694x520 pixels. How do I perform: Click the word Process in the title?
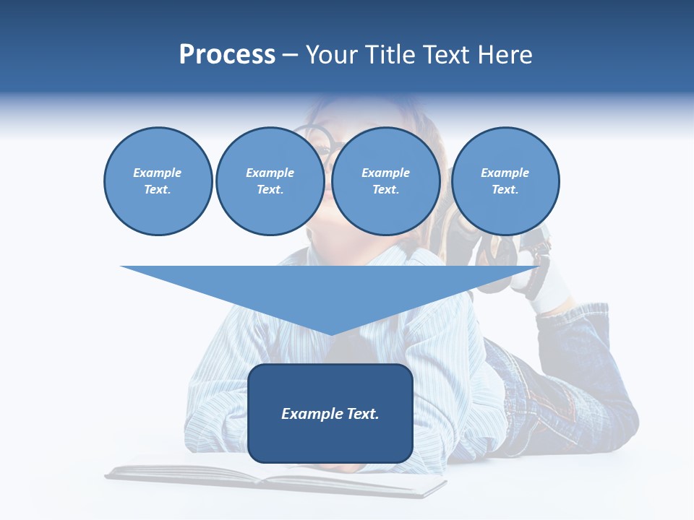pyautogui.click(x=227, y=55)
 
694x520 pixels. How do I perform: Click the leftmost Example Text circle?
pyautogui.click(x=158, y=181)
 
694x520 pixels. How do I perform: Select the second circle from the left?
pyautogui.click(x=270, y=181)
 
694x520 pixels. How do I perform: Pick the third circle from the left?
pyautogui.click(x=386, y=181)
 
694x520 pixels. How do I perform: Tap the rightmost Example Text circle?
pyautogui.click(x=505, y=181)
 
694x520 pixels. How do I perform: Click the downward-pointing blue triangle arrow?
pyautogui.click(x=330, y=289)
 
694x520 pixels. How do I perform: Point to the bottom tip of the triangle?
pyautogui.click(x=330, y=333)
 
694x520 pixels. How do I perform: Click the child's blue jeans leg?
pyautogui.click(x=571, y=390)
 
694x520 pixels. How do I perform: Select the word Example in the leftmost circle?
pyautogui.click(x=158, y=173)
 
